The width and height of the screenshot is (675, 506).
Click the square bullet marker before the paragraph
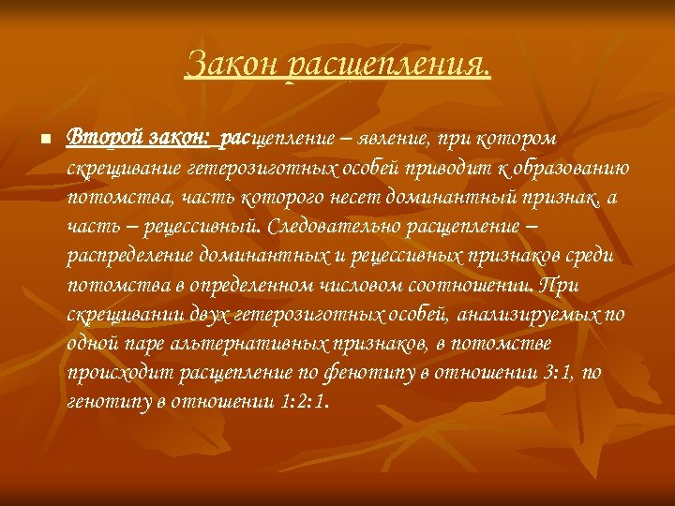click(45, 140)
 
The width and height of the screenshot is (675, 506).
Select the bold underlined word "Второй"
click(104, 139)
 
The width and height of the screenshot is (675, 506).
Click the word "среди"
click(589, 255)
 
